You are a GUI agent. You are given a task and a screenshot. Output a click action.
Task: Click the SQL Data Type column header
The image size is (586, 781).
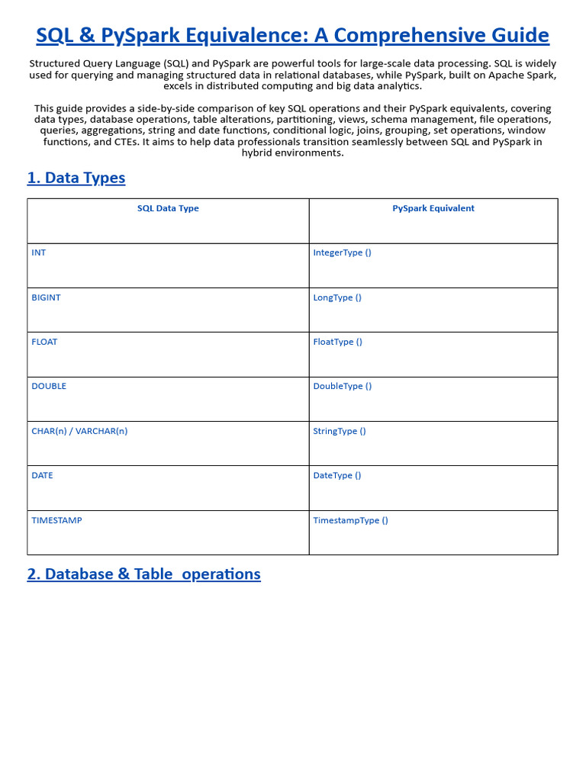tap(168, 208)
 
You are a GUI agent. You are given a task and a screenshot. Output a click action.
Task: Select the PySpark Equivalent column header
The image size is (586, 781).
tap(433, 208)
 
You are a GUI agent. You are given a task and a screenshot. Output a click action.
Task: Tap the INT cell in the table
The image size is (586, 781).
tap(39, 252)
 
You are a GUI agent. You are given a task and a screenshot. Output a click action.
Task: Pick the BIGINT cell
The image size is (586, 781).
tap(46, 297)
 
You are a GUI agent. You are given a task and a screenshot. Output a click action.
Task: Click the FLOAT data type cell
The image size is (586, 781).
tap(44, 342)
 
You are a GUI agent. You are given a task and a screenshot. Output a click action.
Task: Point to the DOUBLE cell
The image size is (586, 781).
tap(49, 386)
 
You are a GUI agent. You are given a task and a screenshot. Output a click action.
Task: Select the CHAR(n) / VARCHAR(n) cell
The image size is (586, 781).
tap(79, 431)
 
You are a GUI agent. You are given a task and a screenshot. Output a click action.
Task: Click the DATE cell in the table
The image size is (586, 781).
tap(43, 475)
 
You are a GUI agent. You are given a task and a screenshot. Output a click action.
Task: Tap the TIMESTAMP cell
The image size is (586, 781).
tap(56, 520)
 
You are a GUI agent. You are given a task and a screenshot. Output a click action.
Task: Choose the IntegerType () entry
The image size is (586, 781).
tap(342, 252)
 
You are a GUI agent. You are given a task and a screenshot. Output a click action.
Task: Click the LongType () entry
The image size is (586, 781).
tap(337, 297)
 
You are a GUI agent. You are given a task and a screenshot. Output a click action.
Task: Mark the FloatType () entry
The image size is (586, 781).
tap(337, 342)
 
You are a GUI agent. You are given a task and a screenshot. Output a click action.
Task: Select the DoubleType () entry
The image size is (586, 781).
tap(343, 386)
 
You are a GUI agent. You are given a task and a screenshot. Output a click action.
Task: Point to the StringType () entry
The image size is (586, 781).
tap(340, 431)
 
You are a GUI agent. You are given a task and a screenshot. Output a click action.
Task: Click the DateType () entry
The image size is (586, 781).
tap(337, 475)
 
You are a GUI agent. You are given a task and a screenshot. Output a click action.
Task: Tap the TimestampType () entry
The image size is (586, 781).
tap(350, 520)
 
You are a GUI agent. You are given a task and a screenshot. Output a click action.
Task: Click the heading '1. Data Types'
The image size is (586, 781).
tap(76, 178)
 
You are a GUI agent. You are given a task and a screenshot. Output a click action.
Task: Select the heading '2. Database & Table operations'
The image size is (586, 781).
tap(143, 574)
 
